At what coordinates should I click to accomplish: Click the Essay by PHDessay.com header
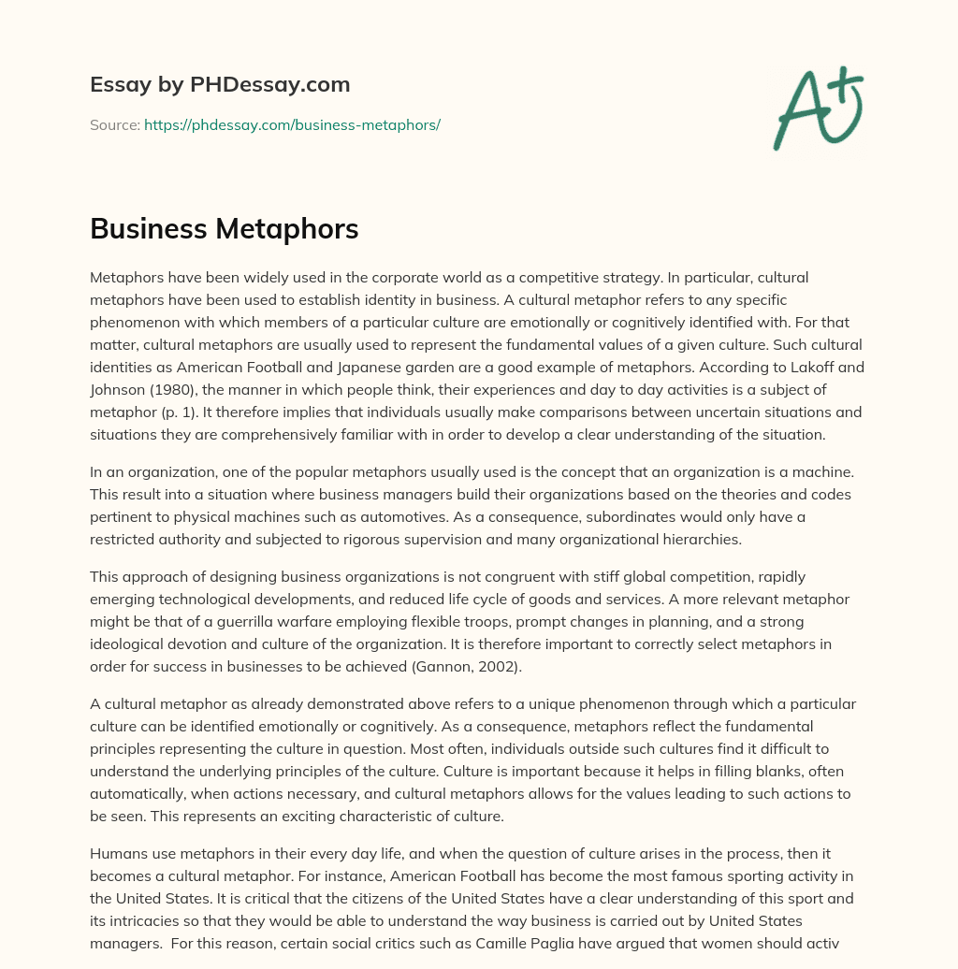(x=220, y=85)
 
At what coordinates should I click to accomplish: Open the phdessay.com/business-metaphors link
(x=292, y=124)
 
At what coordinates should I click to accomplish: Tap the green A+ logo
(x=817, y=108)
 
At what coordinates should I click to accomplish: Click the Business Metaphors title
(x=225, y=229)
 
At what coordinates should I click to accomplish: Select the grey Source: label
(x=114, y=124)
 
